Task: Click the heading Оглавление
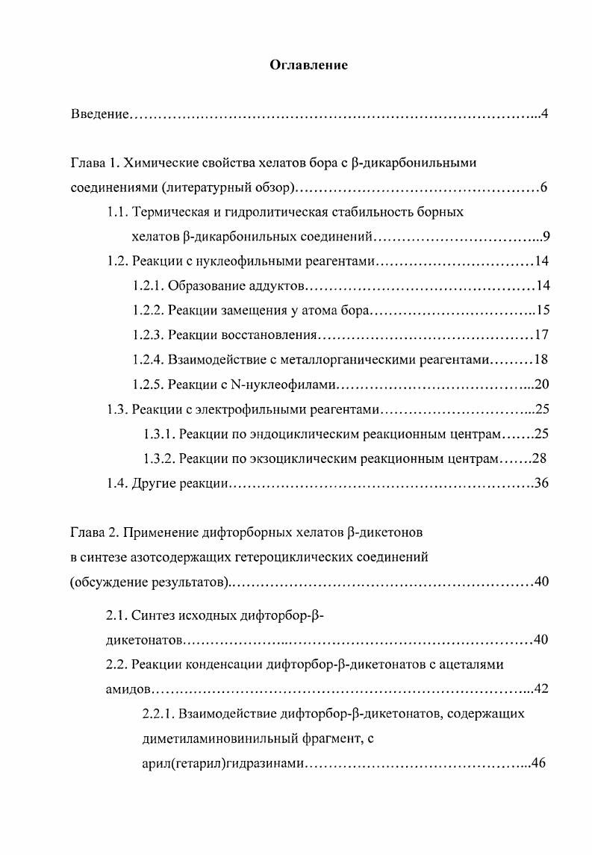pos(308,66)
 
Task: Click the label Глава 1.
pos(94,163)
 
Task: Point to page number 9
pos(546,237)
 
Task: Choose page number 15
pos(542,311)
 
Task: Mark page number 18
pos(542,360)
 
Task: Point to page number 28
pos(542,458)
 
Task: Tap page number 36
pos(542,483)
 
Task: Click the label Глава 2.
pos(94,533)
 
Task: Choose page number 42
pos(542,688)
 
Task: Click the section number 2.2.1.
pos(158,714)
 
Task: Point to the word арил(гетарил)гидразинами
pos(222,765)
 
